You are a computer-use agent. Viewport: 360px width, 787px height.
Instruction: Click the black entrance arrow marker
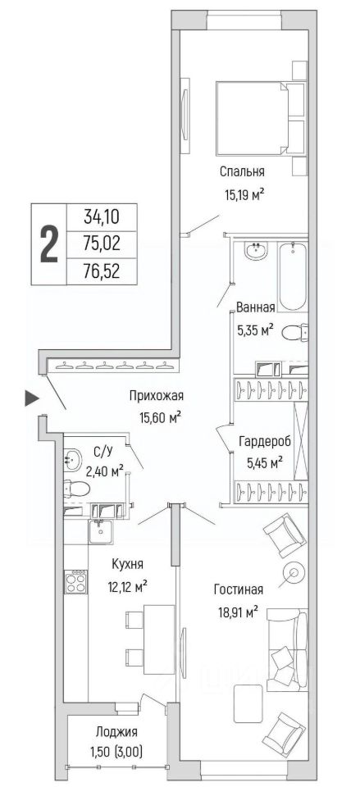pyautogui.click(x=32, y=399)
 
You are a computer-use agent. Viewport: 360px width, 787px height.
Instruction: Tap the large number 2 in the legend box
pyautogui.click(x=48, y=244)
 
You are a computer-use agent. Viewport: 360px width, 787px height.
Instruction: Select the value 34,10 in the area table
pyautogui.click(x=102, y=218)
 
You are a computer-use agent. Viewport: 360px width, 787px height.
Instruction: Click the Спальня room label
pyautogui.click(x=242, y=172)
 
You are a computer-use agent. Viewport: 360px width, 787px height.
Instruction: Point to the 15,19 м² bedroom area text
pyautogui.click(x=242, y=194)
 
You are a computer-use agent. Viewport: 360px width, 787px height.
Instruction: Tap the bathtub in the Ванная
pyautogui.click(x=293, y=276)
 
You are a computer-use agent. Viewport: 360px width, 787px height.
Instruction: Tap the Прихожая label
pyautogui.click(x=156, y=396)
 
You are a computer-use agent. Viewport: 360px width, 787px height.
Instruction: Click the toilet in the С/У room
pyautogui.click(x=77, y=487)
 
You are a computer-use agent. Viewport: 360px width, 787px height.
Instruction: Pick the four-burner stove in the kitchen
pyautogui.click(x=75, y=582)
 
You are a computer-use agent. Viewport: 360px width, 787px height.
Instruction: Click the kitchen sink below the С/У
pyautogui.click(x=103, y=532)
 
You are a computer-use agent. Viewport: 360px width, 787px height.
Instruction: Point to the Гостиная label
pyautogui.click(x=238, y=589)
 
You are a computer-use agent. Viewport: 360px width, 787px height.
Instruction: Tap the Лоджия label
pyautogui.click(x=118, y=732)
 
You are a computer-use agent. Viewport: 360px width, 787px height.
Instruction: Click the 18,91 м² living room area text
pyautogui.click(x=235, y=612)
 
